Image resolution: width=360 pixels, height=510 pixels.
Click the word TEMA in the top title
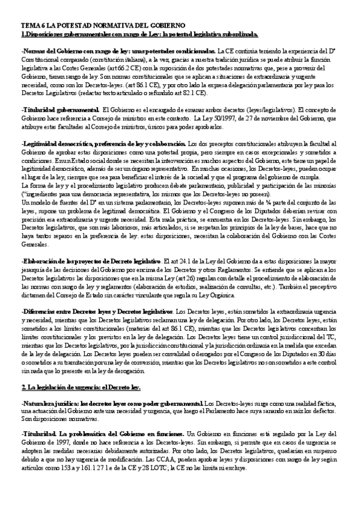click(x=29, y=27)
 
